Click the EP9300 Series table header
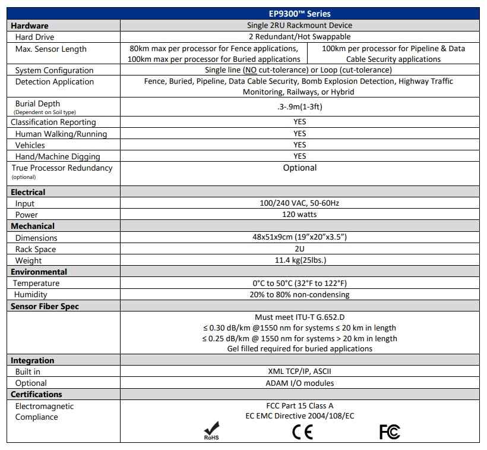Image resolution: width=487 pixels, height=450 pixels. [x=299, y=14]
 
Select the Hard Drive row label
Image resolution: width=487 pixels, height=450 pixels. [x=34, y=37]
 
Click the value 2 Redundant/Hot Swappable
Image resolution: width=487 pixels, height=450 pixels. [x=299, y=37]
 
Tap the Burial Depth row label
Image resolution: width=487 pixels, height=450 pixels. [x=37, y=103]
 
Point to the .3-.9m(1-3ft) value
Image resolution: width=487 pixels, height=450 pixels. [x=299, y=107]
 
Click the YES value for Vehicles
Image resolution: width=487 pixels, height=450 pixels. [x=299, y=145]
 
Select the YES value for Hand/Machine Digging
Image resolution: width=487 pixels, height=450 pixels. [x=299, y=156]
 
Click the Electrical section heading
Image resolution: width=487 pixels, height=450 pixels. [x=28, y=192]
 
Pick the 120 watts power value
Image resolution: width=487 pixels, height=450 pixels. [x=299, y=215]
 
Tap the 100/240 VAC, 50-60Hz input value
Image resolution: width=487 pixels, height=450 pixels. [x=299, y=203]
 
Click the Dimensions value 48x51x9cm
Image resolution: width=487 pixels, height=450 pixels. [x=299, y=237]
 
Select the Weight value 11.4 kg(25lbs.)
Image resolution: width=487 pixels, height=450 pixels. [x=299, y=260]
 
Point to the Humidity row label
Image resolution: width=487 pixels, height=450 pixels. [x=30, y=294]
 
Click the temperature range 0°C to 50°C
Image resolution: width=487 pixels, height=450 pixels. [x=299, y=283]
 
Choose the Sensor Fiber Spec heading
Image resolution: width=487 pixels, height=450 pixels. [x=45, y=306]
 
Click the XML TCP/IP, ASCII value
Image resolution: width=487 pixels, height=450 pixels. [x=299, y=372]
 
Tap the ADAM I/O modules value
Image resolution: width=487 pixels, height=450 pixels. [x=299, y=383]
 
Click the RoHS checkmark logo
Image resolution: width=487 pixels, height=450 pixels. [x=211, y=431]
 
